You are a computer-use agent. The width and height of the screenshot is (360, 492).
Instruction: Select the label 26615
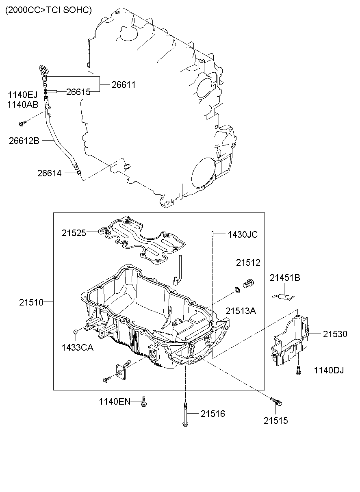pyautogui.click(x=78, y=92)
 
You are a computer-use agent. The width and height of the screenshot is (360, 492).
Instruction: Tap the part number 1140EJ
pyautogui.click(x=22, y=95)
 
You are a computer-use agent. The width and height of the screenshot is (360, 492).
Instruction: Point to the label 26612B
pyautogui.click(x=24, y=141)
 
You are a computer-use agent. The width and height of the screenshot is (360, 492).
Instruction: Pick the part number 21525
pyautogui.click(x=74, y=233)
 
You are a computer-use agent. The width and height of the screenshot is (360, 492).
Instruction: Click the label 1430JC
pyautogui.click(x=242, y=234)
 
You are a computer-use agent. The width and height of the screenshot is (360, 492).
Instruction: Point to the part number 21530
pyautogui.click(x=335, y=334)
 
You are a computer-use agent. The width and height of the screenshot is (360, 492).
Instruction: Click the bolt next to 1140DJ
pyautogui.click(x=299, y=370)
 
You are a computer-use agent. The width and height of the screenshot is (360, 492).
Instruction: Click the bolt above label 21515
pyautogui.click(x=276, y=401)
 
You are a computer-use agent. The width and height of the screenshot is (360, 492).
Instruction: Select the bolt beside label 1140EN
pyautogui.click(x=143, y=402)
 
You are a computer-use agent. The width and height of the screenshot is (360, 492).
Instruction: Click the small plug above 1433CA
pyautogui.click(x=75, y=333)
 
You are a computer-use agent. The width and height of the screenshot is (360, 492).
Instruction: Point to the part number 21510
pyautogui.click(x=30, y=302)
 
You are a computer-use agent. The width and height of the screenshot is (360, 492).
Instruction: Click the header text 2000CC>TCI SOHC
pyautogui.click(x=48, y=10)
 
